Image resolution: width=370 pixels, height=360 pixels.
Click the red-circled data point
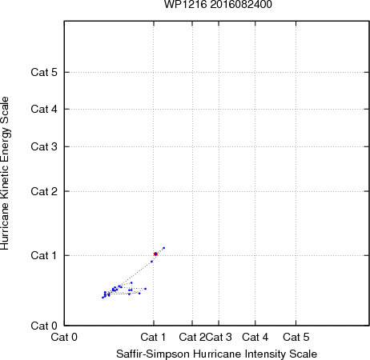(x=155, y=254)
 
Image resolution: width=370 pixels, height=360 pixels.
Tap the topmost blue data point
(x=164, y=248)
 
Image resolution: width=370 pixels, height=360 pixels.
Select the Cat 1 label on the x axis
(x=153, y=337)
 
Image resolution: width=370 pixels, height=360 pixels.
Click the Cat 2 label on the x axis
(x=192, y=337)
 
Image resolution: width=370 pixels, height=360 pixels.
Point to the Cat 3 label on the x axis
(x=219, y=337)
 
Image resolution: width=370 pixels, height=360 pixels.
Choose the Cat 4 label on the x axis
(x=255, y=337)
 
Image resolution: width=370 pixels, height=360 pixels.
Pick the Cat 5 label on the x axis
(x=296, y=337)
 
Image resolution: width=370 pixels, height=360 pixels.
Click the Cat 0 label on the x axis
(x=64, y=337)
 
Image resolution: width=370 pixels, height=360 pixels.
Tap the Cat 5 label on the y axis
(x=44, y=72)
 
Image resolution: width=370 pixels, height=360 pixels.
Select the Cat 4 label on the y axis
(x=44, y=109)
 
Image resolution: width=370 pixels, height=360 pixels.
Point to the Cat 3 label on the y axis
(x=44, y=146)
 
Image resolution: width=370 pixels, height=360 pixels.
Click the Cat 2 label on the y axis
(x=44, y=191)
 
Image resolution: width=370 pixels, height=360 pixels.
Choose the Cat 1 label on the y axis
(x=44, y=255)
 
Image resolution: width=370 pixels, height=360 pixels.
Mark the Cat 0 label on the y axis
(x=44, y=326)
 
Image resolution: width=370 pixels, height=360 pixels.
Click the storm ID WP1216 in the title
(x=186, y=4)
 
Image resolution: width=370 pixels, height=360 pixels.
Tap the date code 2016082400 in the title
(x=241, y=4)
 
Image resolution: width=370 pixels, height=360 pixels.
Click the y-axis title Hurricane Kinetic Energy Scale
(x=5, y=174)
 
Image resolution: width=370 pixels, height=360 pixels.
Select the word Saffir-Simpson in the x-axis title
(x=153, y=354)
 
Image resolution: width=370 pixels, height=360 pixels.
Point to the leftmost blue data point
(x=103, y=298)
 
